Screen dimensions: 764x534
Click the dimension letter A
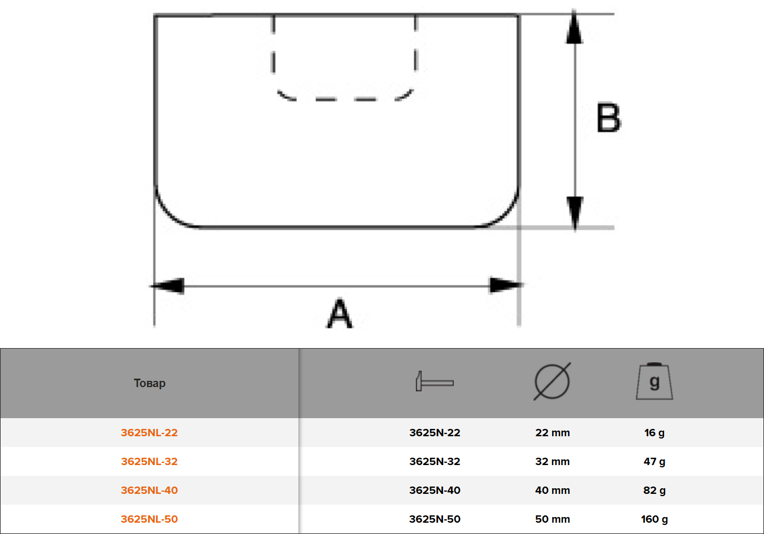(340, 313)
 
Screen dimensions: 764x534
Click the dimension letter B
(609, 118)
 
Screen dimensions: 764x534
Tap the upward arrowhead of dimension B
(575, 27)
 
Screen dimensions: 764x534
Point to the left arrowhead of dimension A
(168, 286)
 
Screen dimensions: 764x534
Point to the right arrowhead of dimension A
(506, 285)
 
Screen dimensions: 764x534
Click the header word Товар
(149, 383)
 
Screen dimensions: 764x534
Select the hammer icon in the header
(435, 381)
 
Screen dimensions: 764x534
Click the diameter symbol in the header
(552, 381)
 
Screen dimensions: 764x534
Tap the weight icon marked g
(654, 381)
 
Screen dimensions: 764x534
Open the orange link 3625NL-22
(149, 432)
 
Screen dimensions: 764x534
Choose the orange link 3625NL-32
(149, 461)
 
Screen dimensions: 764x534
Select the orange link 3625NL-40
(149, 490)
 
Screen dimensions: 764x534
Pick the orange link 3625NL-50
(149, 519)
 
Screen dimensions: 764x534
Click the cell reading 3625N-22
(435, 432)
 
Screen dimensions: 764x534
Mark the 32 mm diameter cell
(553, 461)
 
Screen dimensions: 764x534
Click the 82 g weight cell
(654, 490)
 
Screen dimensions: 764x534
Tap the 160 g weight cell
(654, 519)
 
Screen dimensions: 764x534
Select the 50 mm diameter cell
(553, 519)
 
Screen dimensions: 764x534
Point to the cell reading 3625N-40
(435, 490)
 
